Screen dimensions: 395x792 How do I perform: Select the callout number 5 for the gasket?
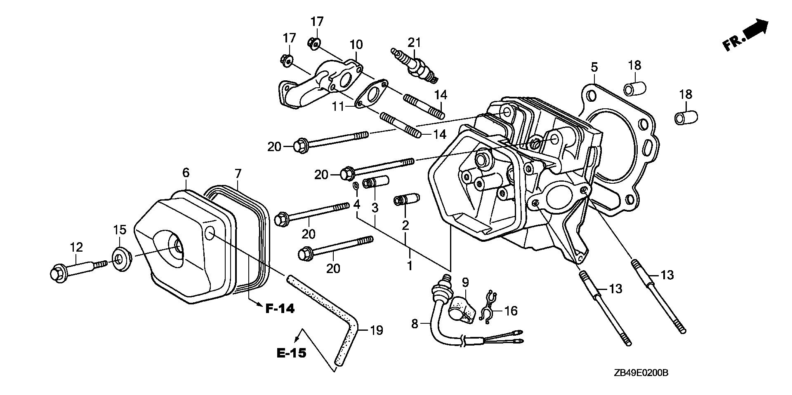click(594, 67)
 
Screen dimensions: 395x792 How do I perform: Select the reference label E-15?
click(291, 353)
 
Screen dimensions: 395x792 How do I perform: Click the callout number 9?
click(465, 283)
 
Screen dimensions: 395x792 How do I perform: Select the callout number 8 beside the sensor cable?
click(415, 324)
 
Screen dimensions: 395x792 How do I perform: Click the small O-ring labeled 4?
click(356, 187)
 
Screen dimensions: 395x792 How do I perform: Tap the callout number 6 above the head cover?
click(186, 173)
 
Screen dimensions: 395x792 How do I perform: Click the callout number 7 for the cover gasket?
click(238, 174)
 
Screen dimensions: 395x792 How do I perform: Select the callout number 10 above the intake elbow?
click(356, 44)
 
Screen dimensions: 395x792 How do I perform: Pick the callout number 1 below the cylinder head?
click(410, 266)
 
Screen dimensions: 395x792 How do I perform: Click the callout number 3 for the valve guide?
click(375, 208)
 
